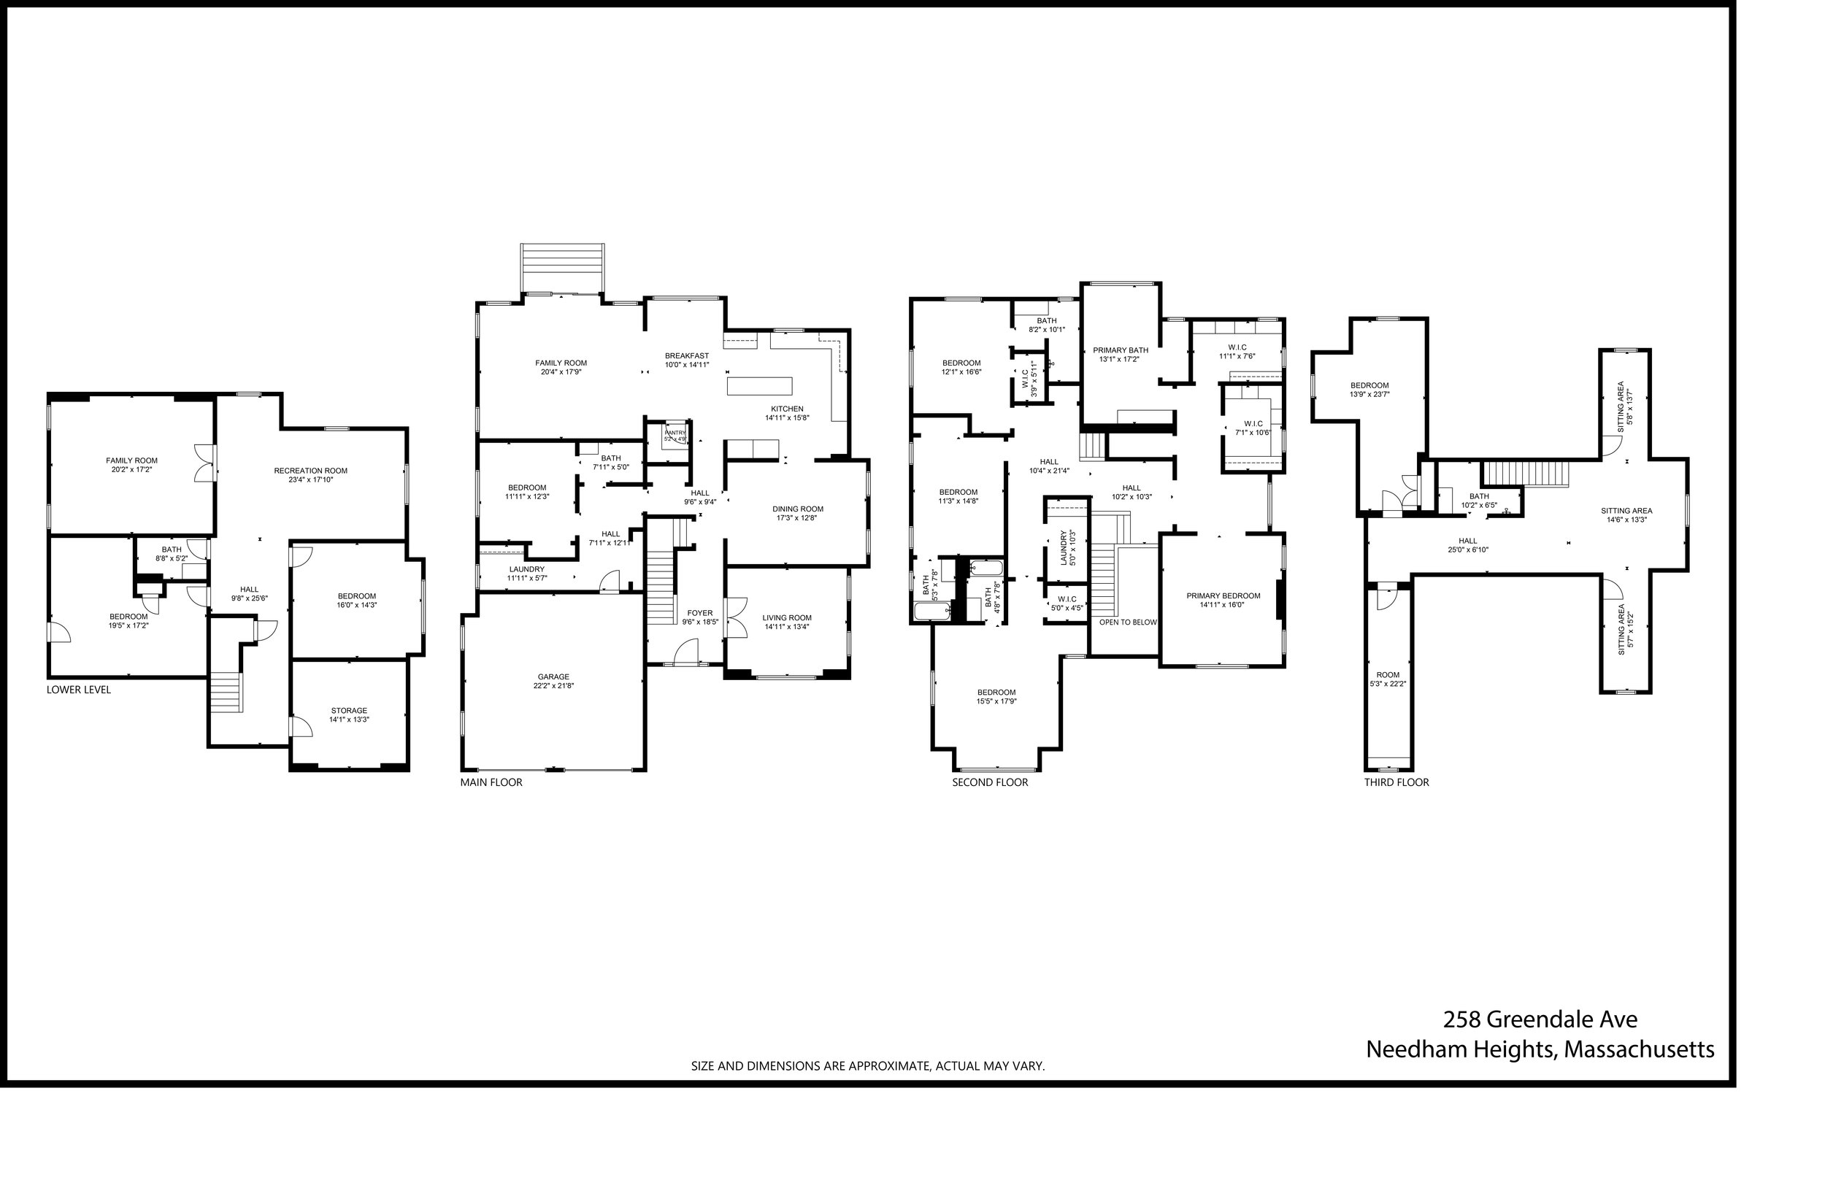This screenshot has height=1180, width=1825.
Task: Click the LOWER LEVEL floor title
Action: [78, 690]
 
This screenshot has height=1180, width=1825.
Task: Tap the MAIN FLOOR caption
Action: [491, 782]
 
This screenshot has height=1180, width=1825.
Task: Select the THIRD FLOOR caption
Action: [1396, 782]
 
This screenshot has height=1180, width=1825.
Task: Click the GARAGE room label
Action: [553, 677]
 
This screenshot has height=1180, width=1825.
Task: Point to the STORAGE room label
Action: [349, 711]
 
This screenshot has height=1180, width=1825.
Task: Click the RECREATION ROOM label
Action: [310, 471]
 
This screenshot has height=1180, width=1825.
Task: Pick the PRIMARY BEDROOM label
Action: [1223, 596]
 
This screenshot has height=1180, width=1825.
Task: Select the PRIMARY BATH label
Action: [1120, 350]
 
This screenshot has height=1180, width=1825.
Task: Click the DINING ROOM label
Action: [797, 509]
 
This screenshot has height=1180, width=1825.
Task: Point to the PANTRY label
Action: [675, 433]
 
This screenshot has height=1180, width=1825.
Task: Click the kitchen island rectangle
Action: [758, 386]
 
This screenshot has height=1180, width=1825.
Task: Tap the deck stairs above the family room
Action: [562, 269]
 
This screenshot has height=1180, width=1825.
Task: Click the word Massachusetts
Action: [1638, 1049]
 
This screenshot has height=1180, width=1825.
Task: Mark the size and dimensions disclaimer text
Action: [868, 1066]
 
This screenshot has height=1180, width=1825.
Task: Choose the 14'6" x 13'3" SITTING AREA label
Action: [1626, 511]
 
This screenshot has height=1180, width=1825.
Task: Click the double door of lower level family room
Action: [204, 463]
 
